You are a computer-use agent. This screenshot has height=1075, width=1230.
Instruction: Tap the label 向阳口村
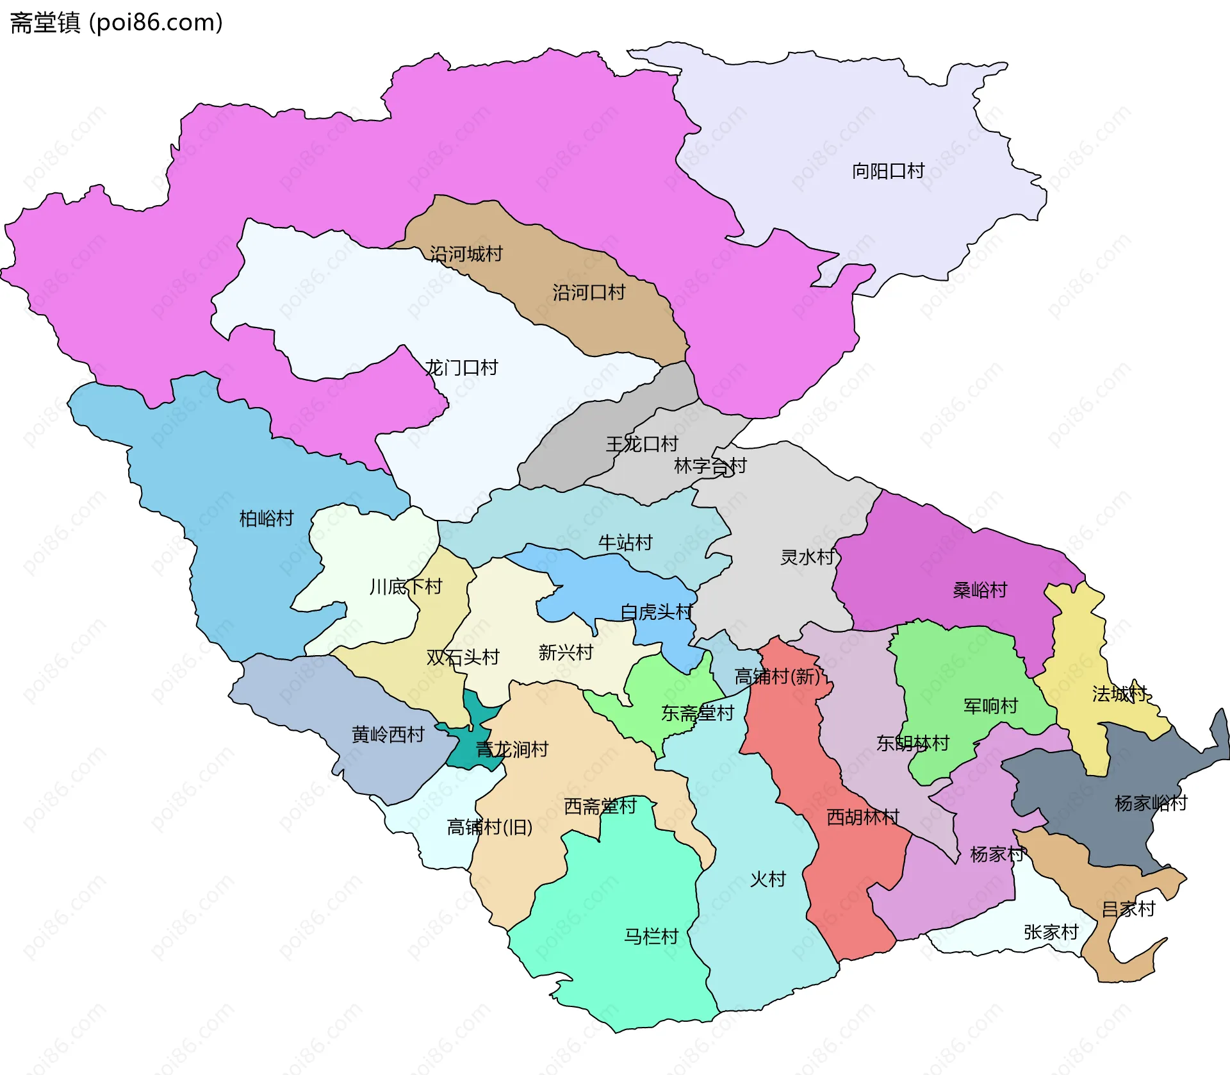[888, 171]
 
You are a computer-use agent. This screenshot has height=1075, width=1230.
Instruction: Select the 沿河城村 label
[466, 254]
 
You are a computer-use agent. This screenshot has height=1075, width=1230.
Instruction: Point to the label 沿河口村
[589, 293]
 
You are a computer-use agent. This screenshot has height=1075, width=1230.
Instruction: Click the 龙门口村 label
[461, 368]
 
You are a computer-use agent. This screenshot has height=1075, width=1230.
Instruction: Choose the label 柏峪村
[266, 518]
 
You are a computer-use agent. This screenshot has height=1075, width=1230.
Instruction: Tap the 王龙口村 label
[642, 444]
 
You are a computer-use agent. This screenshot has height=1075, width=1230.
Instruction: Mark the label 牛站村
[625, 543]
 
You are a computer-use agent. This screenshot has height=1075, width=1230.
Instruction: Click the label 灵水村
[807, 557]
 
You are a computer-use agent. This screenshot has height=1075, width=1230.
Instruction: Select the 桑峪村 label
[980, 590]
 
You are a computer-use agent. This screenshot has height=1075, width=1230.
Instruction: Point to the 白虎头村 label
[656, 612]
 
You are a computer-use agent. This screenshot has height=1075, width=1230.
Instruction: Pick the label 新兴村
[565, 653]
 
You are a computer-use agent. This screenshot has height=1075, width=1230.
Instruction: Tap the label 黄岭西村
[388, 735]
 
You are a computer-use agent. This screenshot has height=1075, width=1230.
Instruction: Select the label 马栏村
[651, 937]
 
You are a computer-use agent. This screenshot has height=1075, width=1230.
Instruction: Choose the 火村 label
[767, 879]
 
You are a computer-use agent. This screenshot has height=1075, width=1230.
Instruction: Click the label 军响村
[990, 706]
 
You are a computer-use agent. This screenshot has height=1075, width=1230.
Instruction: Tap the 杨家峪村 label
[1151, 803]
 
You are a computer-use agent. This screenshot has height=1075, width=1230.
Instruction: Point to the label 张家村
[1051, 932]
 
